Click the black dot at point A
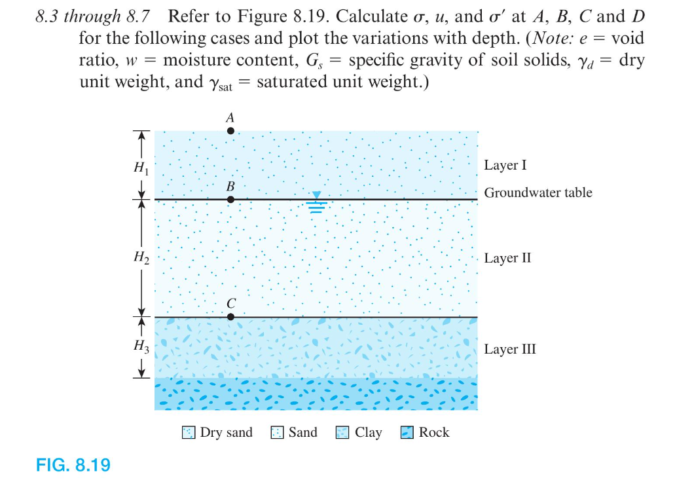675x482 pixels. tap(230, 131)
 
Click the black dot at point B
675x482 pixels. tap(230, 198)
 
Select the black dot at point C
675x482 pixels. tap(230, 317)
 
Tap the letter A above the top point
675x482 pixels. tap(230, 118)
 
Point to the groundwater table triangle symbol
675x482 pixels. tap(316, 195)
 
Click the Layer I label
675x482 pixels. tap(505, 165)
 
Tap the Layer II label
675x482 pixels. tap(507, 258)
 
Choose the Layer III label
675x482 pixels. tap(510, 349)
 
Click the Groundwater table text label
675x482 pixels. tap(538, 193)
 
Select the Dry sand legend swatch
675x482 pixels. tap(189, 433)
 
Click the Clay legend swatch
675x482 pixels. tap(342, 433)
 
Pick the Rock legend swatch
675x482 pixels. tap(407, 433)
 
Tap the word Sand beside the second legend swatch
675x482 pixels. tap(302, 432)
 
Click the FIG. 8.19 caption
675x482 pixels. tap(73, 466)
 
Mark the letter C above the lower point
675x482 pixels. tap(230, 304)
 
